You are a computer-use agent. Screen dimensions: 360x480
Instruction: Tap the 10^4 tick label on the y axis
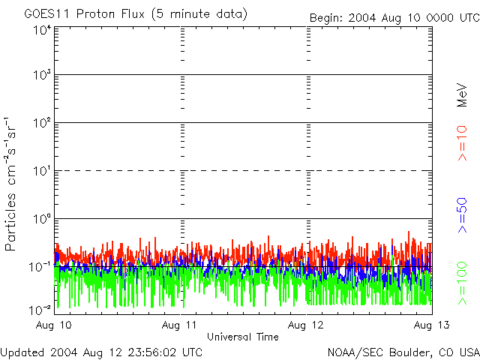coord(42,31)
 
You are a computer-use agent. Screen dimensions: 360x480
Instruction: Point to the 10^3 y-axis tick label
coord(42,76)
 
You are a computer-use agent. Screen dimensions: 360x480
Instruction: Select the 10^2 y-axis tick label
coord(42,124)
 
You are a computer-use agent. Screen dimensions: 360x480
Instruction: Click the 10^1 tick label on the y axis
coord(42,172)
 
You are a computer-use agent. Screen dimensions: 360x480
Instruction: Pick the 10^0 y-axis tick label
coord(42,220)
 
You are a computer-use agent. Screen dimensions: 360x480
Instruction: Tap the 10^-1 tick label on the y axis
coord(40,267)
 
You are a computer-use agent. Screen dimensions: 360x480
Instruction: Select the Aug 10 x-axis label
coord(55,325)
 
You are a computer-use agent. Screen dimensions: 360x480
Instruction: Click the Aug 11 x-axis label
coord(181,325)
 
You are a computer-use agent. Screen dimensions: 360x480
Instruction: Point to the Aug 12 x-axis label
coord(307,325)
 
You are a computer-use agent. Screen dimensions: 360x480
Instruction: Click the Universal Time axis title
coord(243,337)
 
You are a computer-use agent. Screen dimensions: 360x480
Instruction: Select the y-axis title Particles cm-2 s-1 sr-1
coord(13,184)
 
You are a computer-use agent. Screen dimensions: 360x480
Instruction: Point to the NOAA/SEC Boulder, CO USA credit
coord(403,352)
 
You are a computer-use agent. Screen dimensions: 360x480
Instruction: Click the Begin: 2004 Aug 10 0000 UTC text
coord(394,17)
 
